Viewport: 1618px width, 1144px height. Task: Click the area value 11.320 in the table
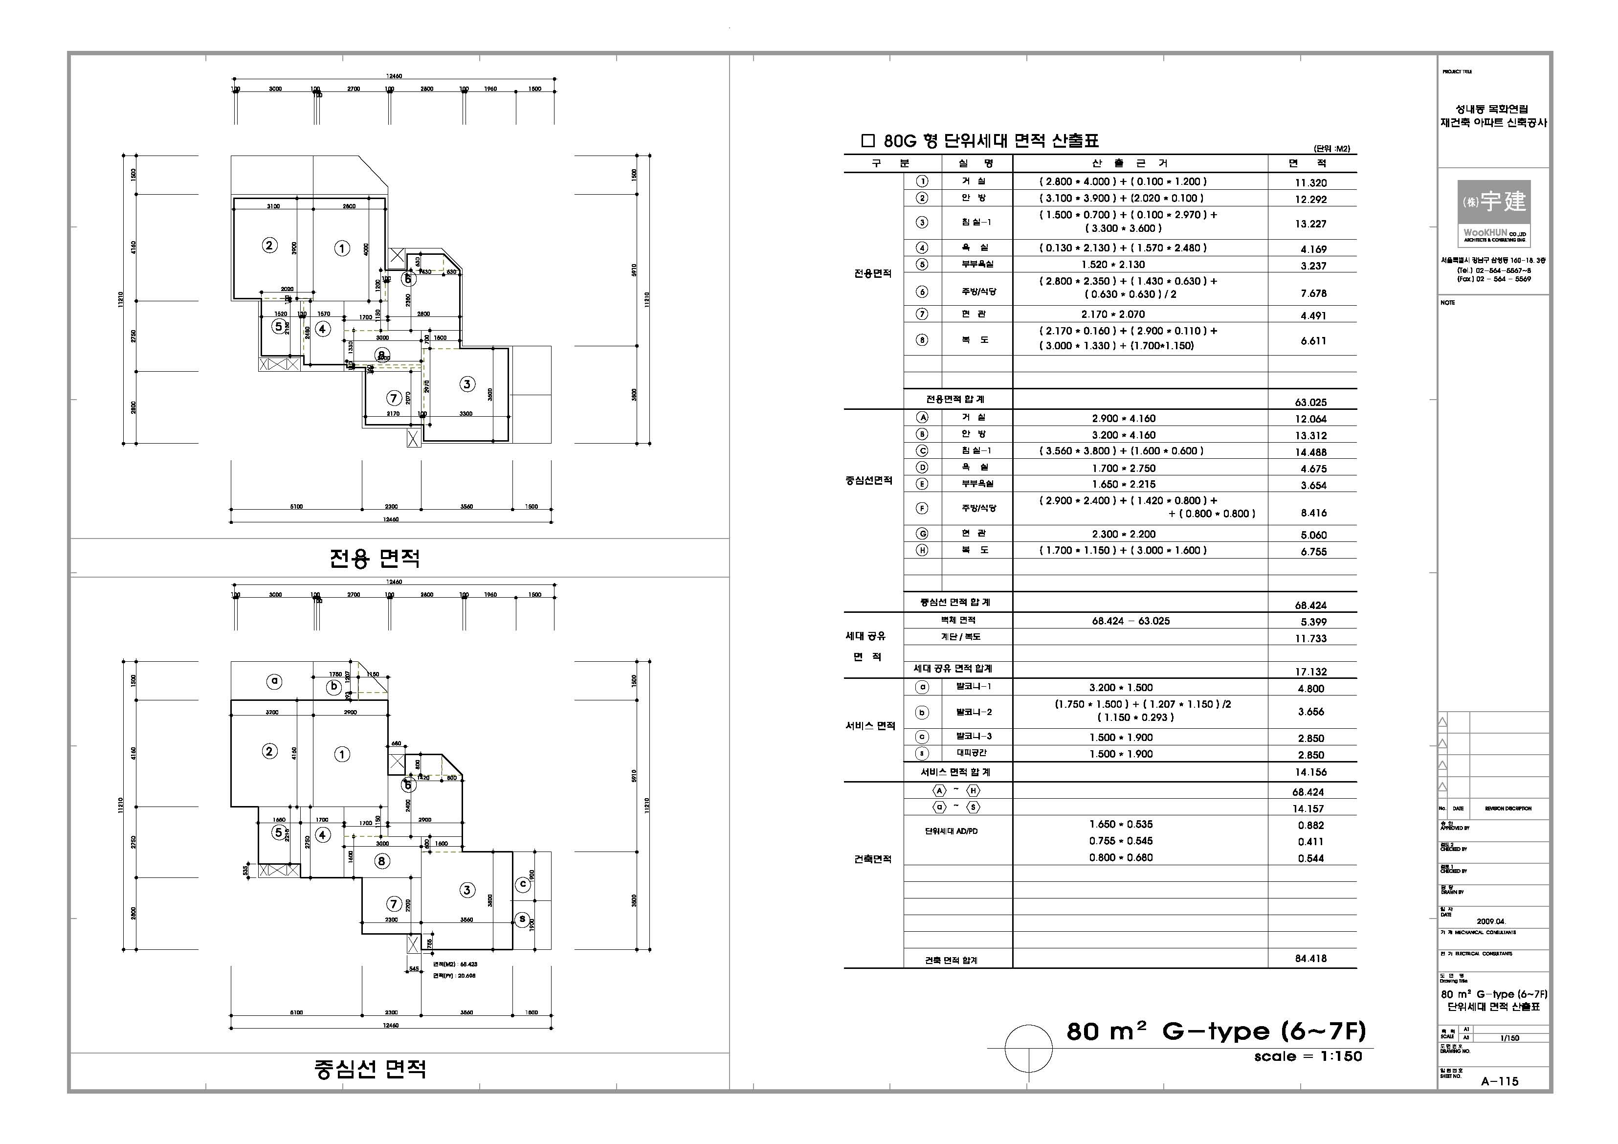pyautogui.click(x=1310, y=182)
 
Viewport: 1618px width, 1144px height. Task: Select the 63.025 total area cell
pyautogui.click(x=1310, y=403)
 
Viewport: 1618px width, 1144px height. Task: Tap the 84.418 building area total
pyautogui.click(x=1310, y=959)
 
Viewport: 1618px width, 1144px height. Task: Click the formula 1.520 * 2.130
pyautogui.click(x=1113, y=264)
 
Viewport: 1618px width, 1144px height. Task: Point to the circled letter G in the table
pyautogui.click(x=922, y=534)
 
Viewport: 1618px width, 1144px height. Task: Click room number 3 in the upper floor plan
pyautogui.click(x=466, y=384)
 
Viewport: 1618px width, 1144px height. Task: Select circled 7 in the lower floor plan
pyautogui.click(x=393, y=904)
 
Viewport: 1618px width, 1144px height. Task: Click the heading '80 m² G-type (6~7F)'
pyautogui.click(x=1216, y=1031)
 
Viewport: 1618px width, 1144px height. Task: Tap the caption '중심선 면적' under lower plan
pyautogui.click(x=370, y=1069)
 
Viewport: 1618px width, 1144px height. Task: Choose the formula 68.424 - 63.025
pyautogui.click(x=1130, y=621)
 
